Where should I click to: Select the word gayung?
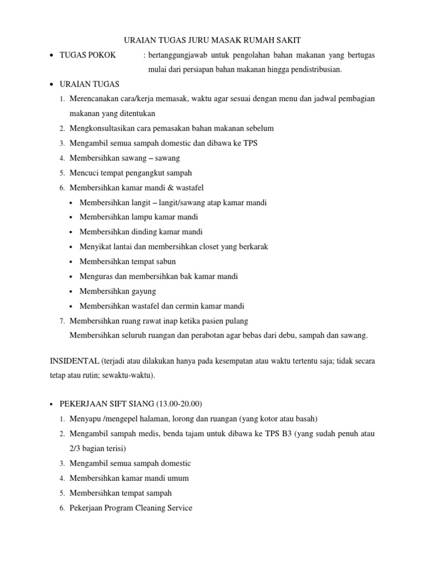(144, 291)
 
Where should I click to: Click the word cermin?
(181, 306)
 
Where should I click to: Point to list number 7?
(63, 321)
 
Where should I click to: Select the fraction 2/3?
(76, 448)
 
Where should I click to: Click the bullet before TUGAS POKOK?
(51, 55)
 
